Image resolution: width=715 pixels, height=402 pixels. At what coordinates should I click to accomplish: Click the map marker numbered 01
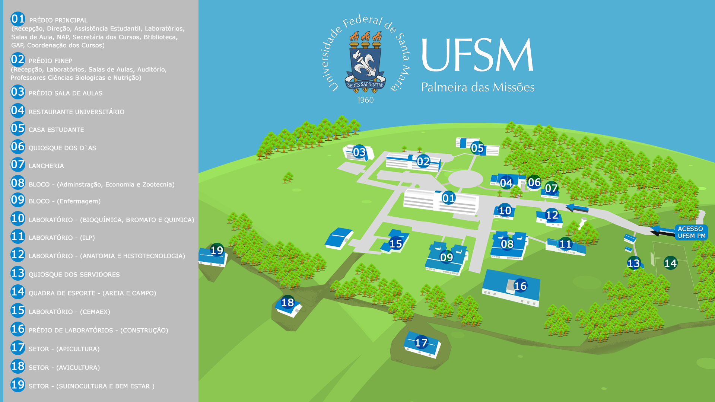[x=448, y=198]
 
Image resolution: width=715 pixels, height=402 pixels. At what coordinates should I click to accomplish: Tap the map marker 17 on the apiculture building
[x=421, y=342]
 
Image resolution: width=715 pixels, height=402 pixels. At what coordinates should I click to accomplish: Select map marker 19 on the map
[x=217, y=250]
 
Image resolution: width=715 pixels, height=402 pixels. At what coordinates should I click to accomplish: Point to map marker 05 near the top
[x=477, y=148]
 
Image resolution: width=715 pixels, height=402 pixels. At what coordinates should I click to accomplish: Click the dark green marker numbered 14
[x=670, y=263]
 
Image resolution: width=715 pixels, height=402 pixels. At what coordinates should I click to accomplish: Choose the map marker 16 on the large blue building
[x=520, y=286]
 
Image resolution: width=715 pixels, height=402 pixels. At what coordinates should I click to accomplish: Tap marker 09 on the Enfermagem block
[x=447, y=257]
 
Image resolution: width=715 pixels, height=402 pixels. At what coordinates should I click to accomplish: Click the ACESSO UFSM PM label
[x=691, y=232]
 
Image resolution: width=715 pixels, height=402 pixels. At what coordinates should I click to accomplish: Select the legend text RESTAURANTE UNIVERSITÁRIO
[x=76, y=112]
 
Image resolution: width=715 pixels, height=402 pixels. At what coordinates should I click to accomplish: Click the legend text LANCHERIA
[x=46, y=166]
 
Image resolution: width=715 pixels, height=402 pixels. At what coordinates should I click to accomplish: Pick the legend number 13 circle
[x=18, y=273]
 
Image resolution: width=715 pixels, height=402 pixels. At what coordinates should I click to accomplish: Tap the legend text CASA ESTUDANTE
[x=56, y=130]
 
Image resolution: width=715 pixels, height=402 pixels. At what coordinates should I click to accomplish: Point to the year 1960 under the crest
[x=365, y=100]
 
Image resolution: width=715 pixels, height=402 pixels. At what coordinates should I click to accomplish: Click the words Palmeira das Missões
[x=478, y=87]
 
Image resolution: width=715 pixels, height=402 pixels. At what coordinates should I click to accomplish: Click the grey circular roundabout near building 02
[x=465, y=179]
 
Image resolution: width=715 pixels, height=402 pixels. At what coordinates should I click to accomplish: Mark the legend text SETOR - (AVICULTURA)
[x=64, y=368]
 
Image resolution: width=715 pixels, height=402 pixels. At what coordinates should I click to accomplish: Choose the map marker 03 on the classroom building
[x=359, y=152]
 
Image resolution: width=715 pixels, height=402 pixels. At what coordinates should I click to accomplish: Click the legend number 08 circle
[x=18, y=183]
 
